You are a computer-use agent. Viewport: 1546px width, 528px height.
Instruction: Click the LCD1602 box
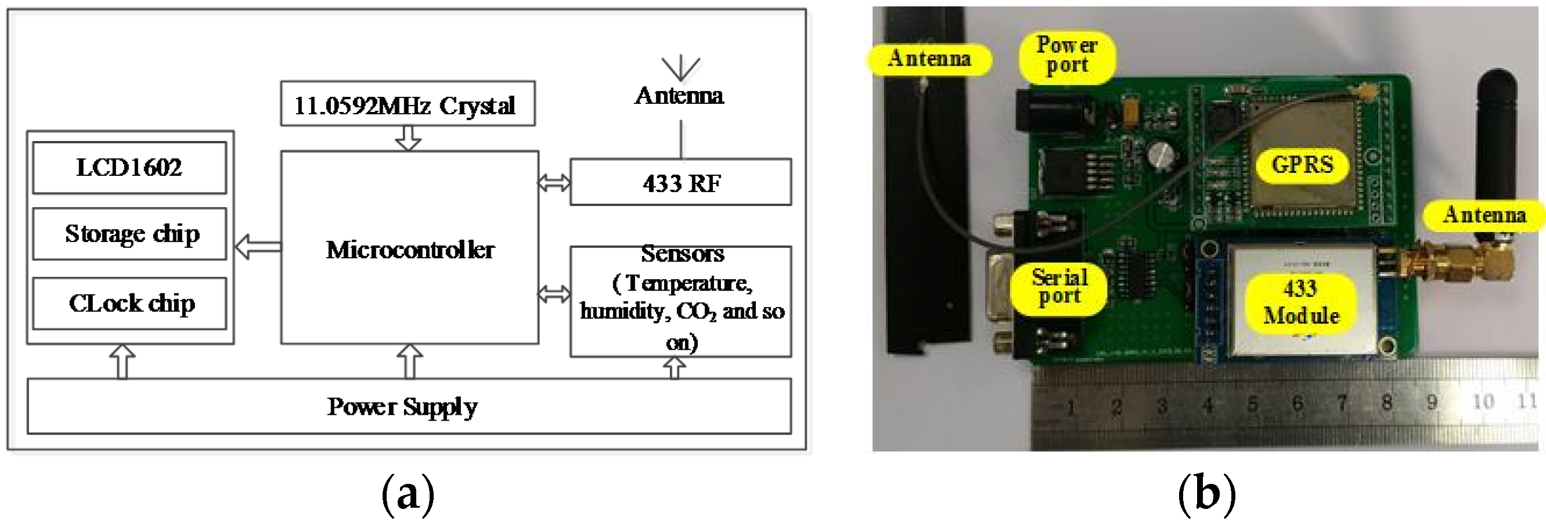(x=129, y=168)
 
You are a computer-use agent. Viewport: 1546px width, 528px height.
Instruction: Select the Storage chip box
(x=129, y=234)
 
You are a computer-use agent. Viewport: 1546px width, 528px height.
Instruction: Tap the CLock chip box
(x=129, y=303)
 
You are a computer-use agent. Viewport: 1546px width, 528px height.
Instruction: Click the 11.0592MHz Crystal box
(x=407, y=104)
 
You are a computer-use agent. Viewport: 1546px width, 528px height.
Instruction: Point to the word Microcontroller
(x=410, y=249)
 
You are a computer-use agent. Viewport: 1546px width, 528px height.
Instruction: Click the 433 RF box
(x=680, y=182)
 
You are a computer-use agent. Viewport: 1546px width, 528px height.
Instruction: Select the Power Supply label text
(x=402, y=407)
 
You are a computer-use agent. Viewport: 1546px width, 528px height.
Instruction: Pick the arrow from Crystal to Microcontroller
(x=408, y=138)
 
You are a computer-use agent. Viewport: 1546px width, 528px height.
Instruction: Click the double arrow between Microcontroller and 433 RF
(x=553, y=182)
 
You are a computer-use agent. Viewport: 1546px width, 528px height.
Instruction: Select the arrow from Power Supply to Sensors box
(x=674, y=368)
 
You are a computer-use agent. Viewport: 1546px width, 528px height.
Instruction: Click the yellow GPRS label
(x=1302, y=164)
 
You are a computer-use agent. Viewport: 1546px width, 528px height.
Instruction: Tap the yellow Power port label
(x=1066, y=56)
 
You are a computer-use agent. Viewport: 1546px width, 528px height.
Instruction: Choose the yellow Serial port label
(x=1060, y=287)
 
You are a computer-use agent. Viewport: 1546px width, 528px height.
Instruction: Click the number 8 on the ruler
(x=1386, y=403)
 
